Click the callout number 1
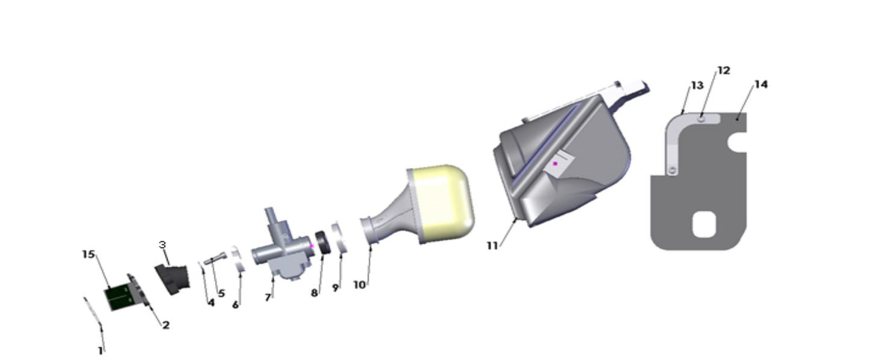[101, 351]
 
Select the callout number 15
[89, 254]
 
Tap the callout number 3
[163, 245]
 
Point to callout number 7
[268, 298]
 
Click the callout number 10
[359, 284]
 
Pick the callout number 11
[493, 246]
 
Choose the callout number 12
[724, 71]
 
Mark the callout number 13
[697, 87]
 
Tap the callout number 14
[760, 84]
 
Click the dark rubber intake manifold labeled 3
[172, 279]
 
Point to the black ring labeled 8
[323, 243]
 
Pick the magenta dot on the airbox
[555, 163]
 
